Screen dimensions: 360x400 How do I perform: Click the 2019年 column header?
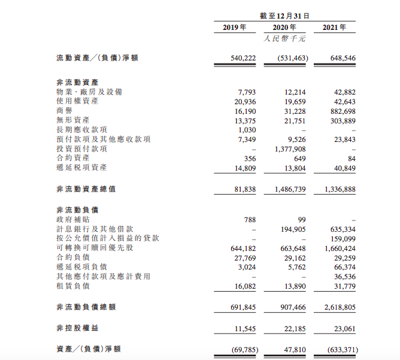235,28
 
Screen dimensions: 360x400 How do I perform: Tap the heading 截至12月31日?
284,16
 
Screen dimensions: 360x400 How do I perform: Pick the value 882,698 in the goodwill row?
342,111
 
